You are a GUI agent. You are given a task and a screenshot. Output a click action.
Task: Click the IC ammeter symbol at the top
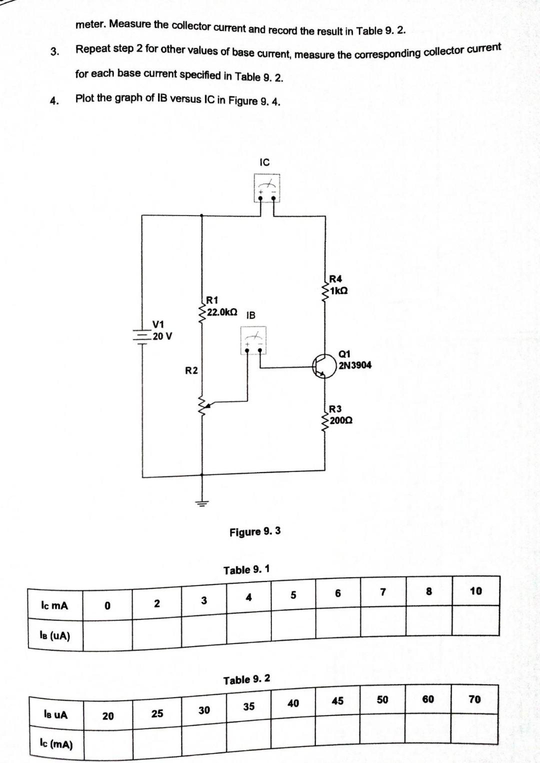[266, 188]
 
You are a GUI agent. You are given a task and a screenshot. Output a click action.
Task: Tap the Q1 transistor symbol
[322, 366]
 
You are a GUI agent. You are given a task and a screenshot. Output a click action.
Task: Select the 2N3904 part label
[355, 365]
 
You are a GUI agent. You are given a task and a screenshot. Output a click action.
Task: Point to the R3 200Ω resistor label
[340, 415]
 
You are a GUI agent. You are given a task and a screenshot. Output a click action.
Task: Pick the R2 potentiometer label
[191, 370]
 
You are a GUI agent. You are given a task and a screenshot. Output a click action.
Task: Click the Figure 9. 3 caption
[255, 531]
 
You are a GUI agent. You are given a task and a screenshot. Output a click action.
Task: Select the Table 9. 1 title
[246, 570]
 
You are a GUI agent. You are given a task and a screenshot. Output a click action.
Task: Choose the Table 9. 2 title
[246, 680]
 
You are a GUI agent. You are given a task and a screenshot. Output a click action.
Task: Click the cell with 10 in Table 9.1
[475, 591]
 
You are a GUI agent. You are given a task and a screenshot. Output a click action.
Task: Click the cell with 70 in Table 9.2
[474, 699]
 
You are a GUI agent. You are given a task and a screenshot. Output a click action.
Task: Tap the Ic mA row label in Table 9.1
[54, 605]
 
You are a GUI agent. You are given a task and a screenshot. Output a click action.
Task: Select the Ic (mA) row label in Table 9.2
[56, 744]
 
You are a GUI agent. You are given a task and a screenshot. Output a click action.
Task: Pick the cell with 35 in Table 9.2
[248, 706]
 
